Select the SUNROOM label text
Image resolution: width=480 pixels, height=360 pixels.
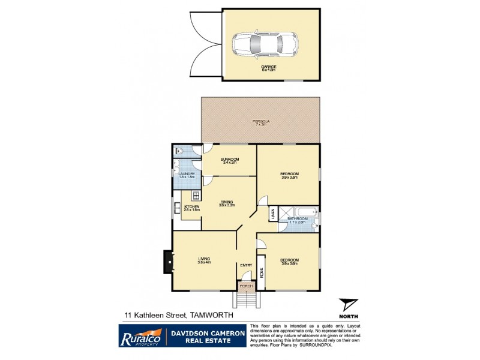coord(230,159)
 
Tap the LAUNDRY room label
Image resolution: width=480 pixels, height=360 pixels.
coord(186,174)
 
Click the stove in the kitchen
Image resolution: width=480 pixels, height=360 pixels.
coord(195,196)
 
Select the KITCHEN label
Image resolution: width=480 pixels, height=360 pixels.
coord(191,207)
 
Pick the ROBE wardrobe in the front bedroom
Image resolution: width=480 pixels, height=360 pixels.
coord(262,271)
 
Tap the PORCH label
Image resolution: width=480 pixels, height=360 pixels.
coord(246,287)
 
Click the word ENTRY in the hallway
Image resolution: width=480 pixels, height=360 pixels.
coord(246,265)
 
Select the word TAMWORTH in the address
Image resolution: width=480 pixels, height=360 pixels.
coord(212,314)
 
